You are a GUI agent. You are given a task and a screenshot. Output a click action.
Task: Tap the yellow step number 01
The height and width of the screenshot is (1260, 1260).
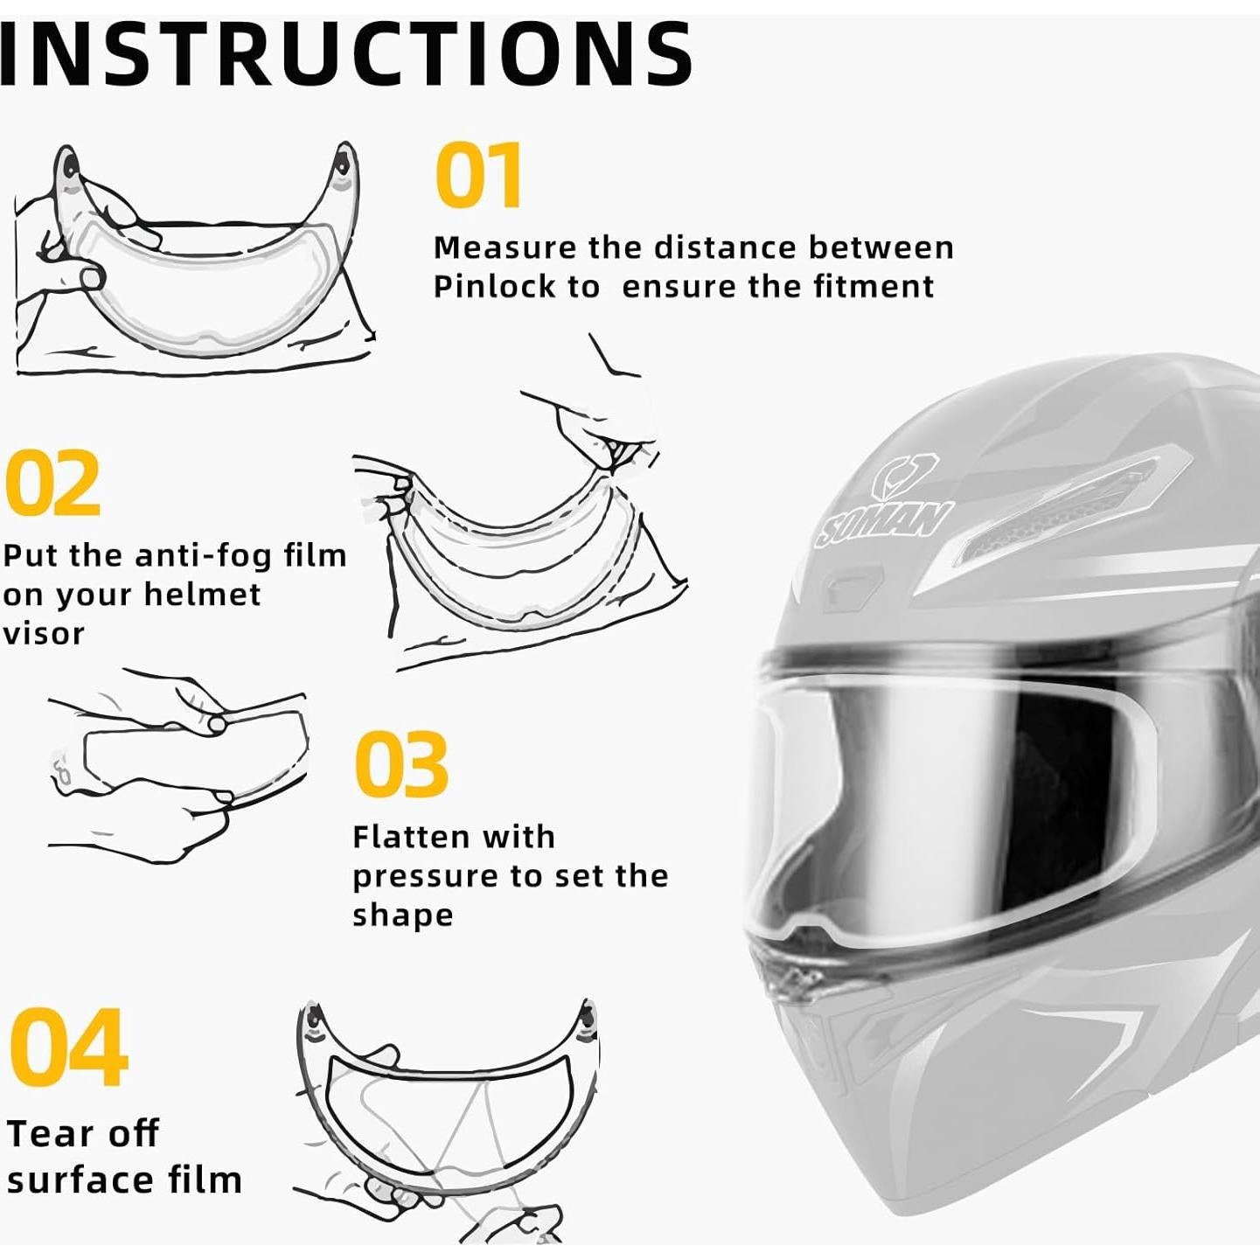point(479,176)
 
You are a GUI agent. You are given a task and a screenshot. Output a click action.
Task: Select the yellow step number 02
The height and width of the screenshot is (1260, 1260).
point(52,483)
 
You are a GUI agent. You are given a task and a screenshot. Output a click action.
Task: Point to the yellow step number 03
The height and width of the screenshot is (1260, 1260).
point(401,765)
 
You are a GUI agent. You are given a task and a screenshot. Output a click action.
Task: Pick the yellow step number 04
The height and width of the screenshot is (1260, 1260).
point(68,1047)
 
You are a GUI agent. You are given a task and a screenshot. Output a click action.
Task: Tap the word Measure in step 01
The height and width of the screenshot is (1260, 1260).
point(505,247)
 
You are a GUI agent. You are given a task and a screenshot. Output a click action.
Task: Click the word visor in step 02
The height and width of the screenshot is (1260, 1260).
point(43,633)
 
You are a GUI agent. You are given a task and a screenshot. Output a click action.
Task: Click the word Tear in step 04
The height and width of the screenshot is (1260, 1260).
point(51,1134)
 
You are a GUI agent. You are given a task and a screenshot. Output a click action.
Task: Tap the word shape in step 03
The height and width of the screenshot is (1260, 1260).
point(402,915)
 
